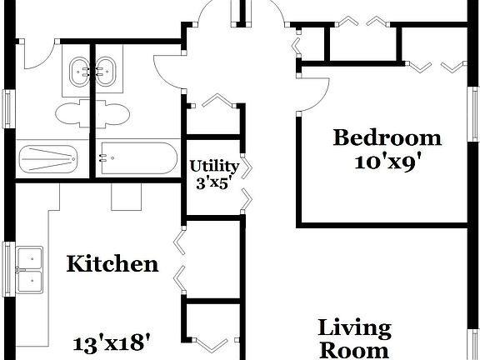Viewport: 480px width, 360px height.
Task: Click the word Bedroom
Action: tap(387, 137)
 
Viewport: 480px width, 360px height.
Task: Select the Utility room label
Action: tap(214, 165)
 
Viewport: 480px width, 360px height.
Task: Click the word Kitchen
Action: tap(112, 264)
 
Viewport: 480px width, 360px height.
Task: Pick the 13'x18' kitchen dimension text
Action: tap(112, 342)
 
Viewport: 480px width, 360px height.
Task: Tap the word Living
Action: tap(354, 327)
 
